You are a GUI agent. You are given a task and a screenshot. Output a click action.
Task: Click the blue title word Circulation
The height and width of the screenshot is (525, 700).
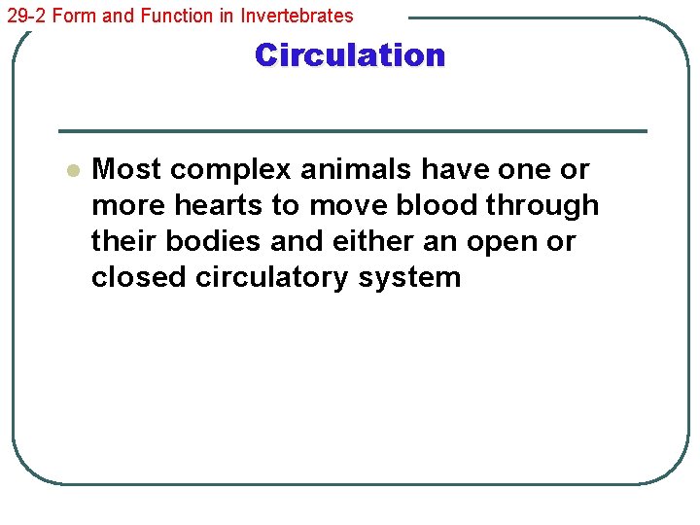(350, 55)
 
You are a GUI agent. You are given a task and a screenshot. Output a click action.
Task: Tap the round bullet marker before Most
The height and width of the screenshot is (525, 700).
(71, 170)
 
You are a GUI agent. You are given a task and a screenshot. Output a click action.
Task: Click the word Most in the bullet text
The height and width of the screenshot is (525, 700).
(126, 169)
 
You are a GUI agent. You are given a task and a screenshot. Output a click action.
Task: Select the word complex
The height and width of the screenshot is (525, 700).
(230, 169)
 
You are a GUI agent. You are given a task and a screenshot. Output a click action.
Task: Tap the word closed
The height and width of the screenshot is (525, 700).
(139, 277)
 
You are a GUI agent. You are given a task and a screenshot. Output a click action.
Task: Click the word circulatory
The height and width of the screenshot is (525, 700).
(272, 278)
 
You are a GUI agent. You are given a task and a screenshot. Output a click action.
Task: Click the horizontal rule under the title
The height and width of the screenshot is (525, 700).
(352, 131)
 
